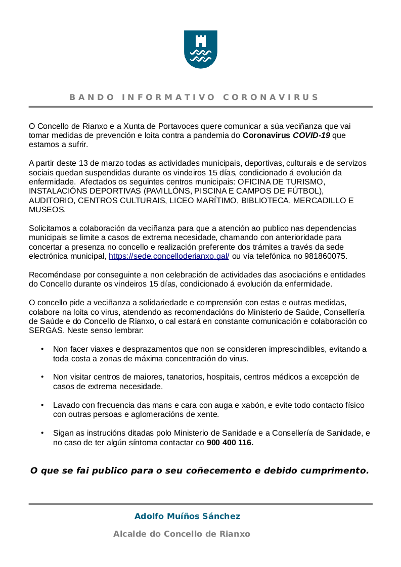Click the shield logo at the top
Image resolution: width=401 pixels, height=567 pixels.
tap(200, 49)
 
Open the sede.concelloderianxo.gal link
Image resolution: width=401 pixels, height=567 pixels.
tap(169, 256)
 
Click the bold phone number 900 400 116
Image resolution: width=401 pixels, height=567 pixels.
tap(230, 443)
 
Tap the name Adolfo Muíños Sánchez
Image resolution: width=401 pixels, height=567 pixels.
tap(187, 516)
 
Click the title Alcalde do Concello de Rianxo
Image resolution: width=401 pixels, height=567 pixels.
tap(182, 534)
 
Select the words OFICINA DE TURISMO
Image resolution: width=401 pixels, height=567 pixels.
tap(281, 181)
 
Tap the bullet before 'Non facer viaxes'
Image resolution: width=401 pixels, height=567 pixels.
tap(42, 349)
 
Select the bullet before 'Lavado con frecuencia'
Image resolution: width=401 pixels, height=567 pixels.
tap(42, 405)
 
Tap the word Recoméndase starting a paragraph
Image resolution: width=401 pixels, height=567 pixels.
tap(53, 274)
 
